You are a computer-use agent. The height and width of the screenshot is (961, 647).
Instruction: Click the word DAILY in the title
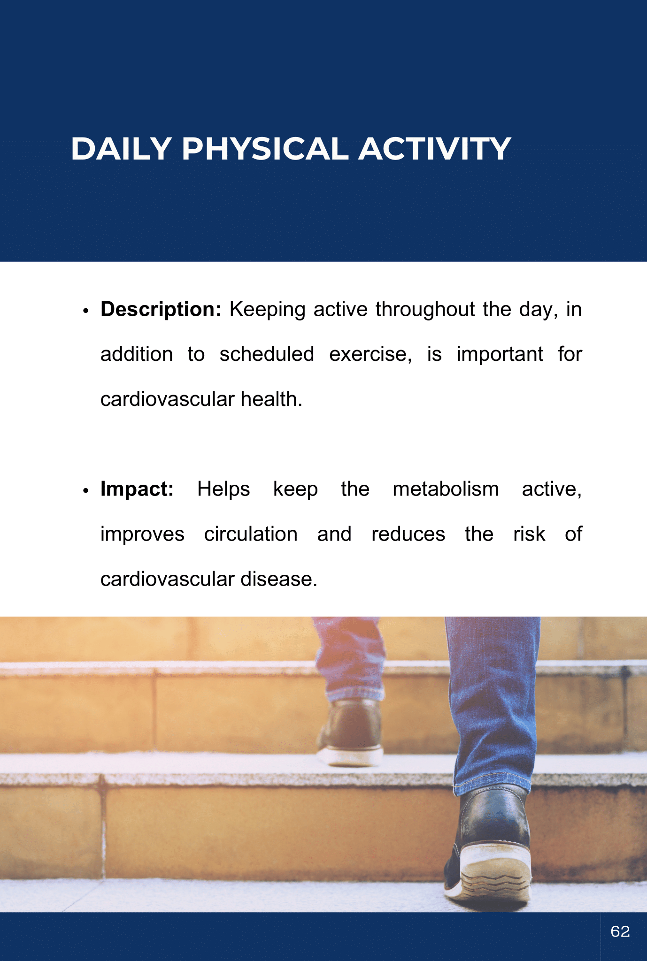121,149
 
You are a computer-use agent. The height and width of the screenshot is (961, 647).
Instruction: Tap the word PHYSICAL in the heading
265,149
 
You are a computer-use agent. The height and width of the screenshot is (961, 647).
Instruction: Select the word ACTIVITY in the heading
435,149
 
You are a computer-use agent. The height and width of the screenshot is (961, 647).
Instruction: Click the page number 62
620,931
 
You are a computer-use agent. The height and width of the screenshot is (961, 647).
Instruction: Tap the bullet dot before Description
85,312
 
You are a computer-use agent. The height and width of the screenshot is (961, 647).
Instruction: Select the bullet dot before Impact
85,491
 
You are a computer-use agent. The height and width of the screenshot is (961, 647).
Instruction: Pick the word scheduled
267,354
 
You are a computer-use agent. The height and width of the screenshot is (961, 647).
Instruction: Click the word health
271,399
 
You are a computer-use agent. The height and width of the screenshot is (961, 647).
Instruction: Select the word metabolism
446,489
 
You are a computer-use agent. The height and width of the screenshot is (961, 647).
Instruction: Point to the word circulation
251,534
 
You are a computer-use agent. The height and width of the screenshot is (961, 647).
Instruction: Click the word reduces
408,534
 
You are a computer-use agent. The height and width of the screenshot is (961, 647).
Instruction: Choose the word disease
279,580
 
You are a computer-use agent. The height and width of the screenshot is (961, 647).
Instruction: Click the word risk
529,534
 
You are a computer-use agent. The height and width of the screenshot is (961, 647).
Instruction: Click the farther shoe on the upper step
350,732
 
